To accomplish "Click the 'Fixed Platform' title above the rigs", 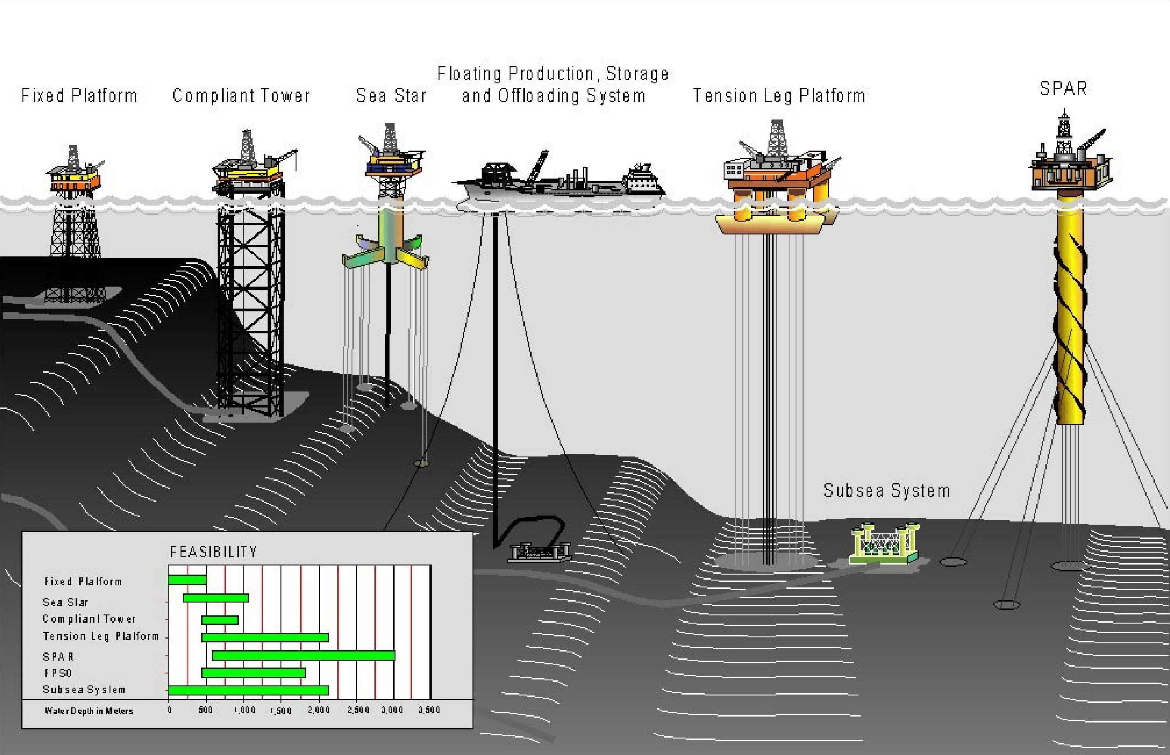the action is tap(79, 96).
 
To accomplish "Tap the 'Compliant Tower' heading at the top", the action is tap(241, 96).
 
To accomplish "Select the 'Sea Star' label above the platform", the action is tap(391, 96).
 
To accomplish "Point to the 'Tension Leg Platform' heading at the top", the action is tap(779, 96).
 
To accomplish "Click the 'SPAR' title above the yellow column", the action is tap(1064, 89).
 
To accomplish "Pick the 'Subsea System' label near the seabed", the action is tap(886, 491).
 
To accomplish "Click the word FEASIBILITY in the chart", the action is tap(214, 552).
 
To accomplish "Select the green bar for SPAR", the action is tap(304, 656).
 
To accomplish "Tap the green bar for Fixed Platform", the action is tap(187, 580).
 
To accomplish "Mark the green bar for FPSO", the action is tap(253, 673).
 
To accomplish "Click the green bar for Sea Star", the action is tap(216, 597).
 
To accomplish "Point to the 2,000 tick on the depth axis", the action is tap(319, 710).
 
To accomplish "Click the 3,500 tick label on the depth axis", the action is tap(429, 710).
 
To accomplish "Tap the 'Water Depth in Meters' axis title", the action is tap(89, 711).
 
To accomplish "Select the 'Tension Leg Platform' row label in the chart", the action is tap(100, 636).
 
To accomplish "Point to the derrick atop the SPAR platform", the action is tap(1064, 125).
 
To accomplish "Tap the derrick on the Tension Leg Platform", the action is tap(775, 137).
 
